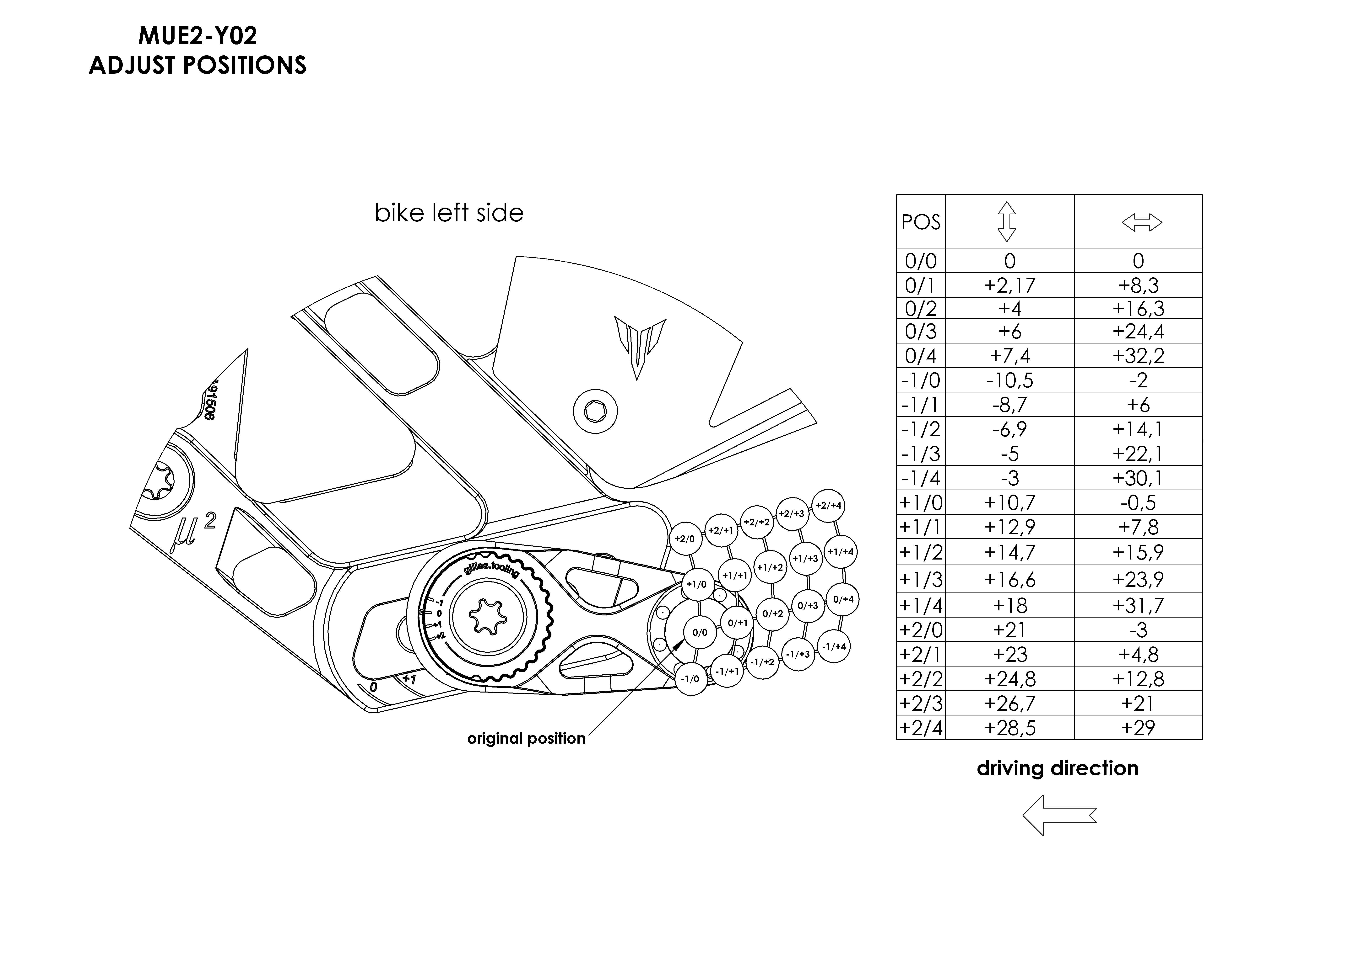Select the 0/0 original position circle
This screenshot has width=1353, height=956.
click(700, 633)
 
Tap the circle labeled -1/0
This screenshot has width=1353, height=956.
click(690, 679)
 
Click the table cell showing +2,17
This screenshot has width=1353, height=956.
click(1009, 285)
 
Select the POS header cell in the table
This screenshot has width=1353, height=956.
click(920, 222)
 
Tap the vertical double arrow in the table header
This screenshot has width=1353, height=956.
click(1007, 222)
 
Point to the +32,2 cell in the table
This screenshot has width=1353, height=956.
click(1138, 356)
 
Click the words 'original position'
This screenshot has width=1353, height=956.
click(526, 739)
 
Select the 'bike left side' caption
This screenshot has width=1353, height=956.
click(449, 213)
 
